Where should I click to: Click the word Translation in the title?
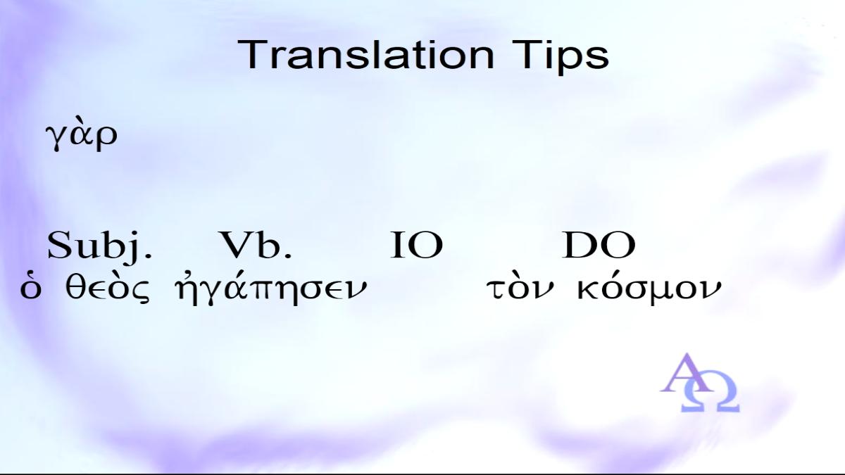pyautogui.click(x=366, y=55)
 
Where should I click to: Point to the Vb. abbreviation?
pyautogui.click(x=256, y=245)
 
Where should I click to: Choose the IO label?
pyautogui.click(x=416, y=245)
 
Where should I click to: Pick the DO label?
pyautogui.click(x=599, y=245)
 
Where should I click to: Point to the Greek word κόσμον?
pyautogui.click(x=649, y=290)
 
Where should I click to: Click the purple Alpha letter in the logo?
pyautogui.click(x=686, y=373)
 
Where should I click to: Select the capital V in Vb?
pyautogui.click(x=235, y=245)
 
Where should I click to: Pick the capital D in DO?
pyautogui.click(x=580, y=245)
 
